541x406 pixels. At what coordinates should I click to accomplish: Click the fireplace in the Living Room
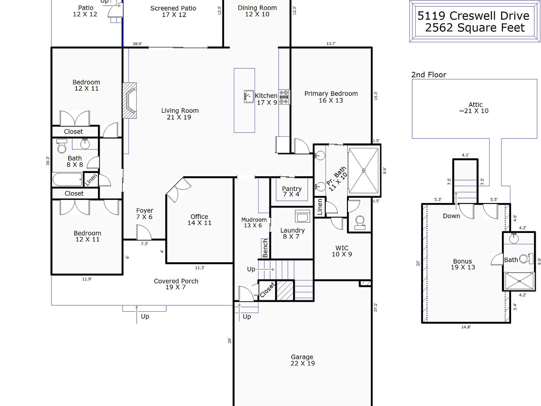(129, 101)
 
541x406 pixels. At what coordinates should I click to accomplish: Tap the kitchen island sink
(249, 96)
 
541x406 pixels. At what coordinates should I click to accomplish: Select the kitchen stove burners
(284, 97)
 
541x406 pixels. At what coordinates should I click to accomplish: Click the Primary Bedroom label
(331, 94)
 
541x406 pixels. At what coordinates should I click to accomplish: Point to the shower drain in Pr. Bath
(364, 171)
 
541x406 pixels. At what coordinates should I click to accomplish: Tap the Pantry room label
(292, 189)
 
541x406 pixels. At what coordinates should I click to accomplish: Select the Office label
(199, 217)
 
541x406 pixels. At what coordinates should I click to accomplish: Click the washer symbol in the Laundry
(302, 216)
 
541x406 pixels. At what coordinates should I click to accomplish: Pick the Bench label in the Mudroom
(265, 248)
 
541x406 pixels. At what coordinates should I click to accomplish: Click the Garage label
(302, 357)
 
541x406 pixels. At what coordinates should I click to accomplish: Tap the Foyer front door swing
(143, 233)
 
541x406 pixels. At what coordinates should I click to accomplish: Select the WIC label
(342, 248)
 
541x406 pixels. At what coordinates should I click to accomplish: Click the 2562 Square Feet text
(475, 28)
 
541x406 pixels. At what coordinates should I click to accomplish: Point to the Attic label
(475, 105)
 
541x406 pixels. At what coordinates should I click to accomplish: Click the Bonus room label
(462, 262)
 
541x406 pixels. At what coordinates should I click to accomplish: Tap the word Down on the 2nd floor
(451, 216)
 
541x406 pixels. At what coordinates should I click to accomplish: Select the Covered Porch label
(176, 281)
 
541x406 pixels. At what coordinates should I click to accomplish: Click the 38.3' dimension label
(48, 161)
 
